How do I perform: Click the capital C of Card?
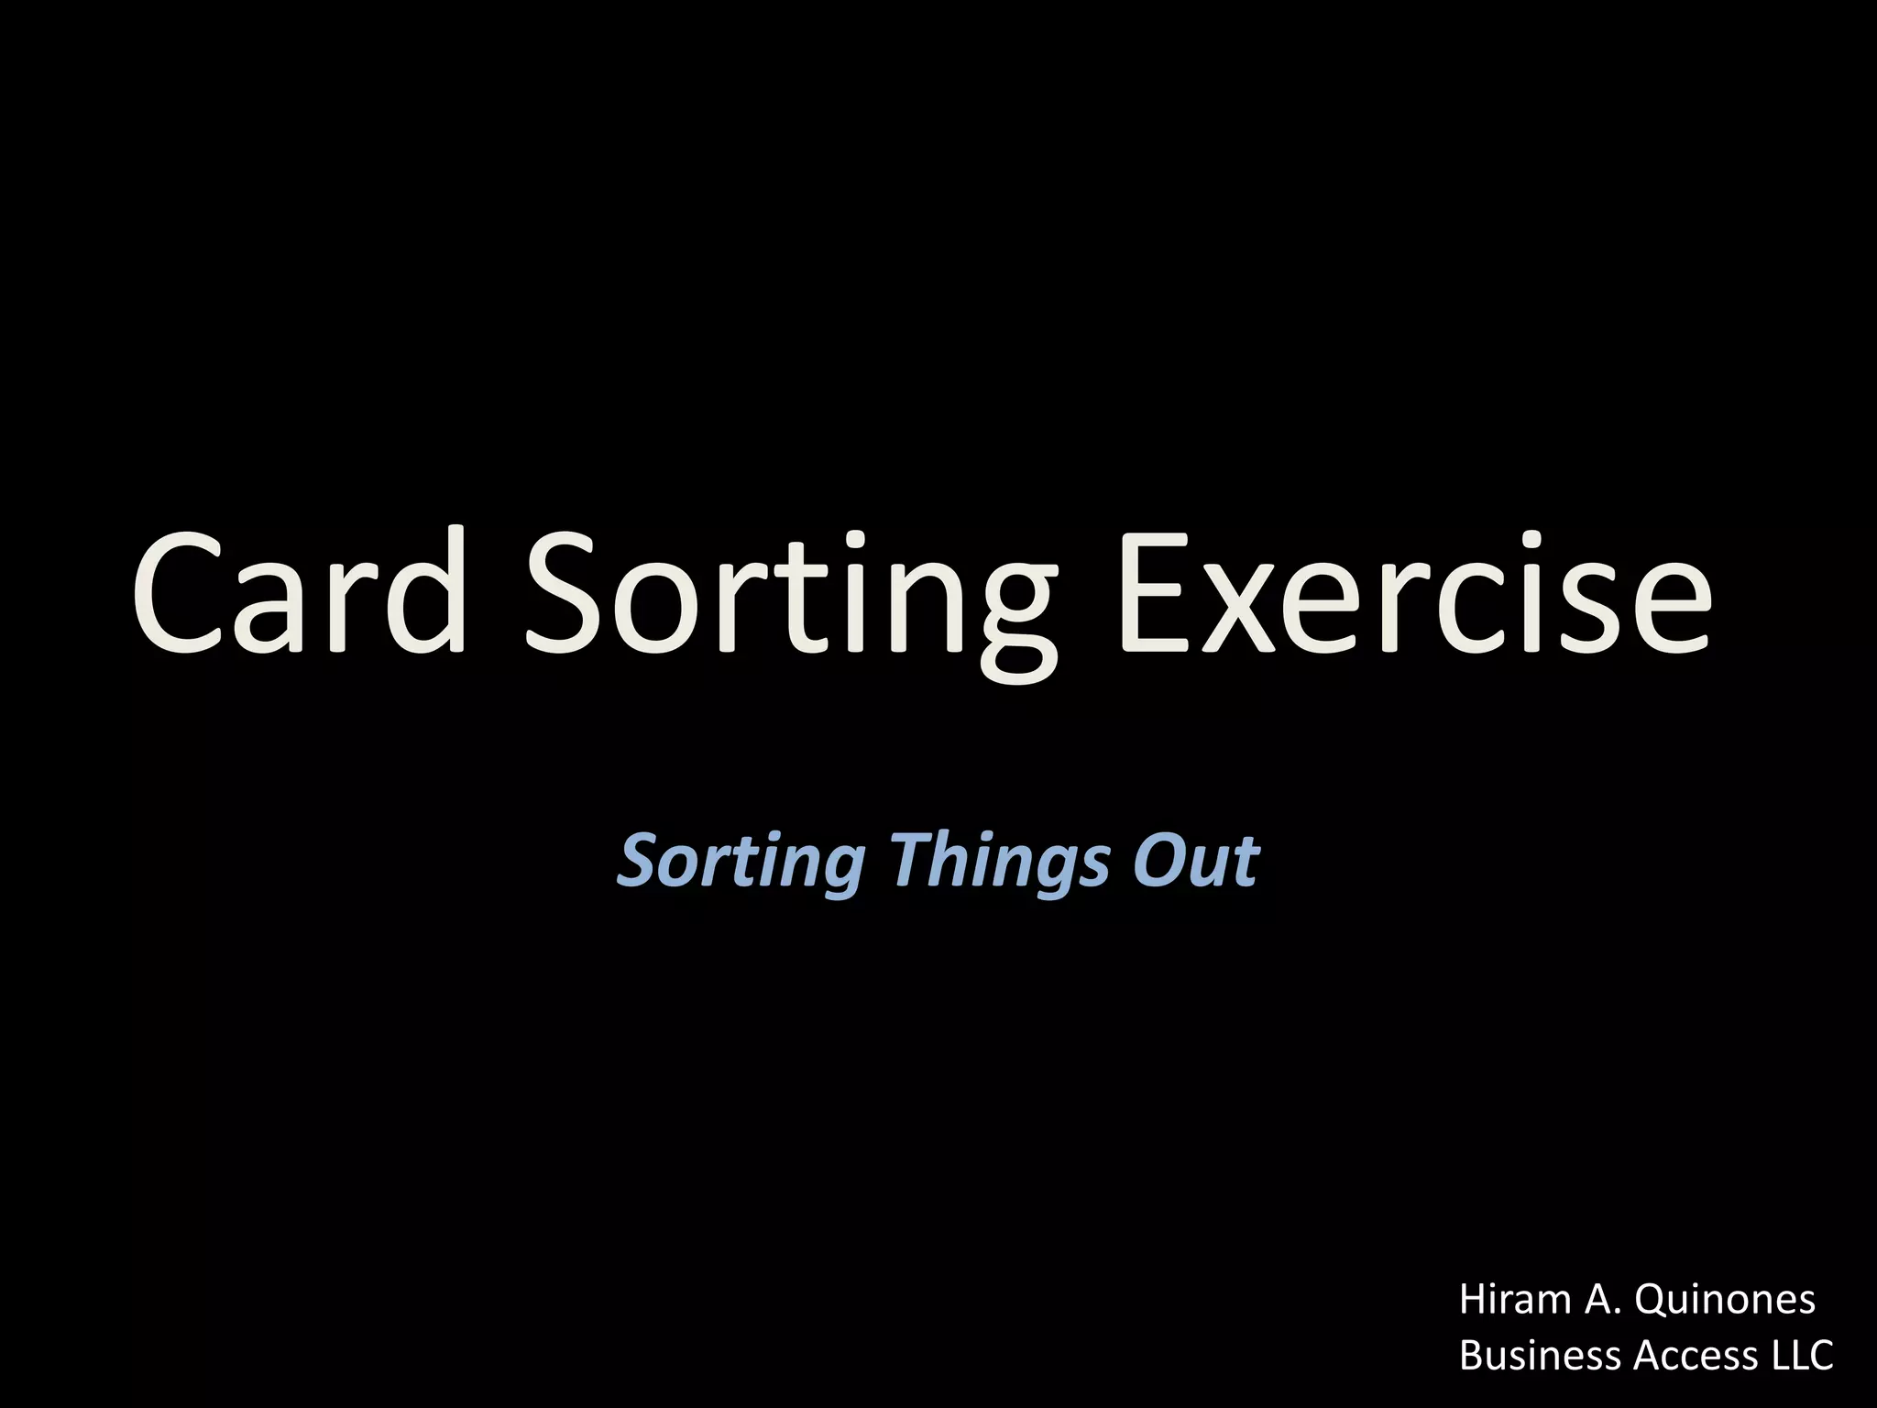tap(178, 594)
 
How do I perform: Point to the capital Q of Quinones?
tap(1653, 1301)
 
